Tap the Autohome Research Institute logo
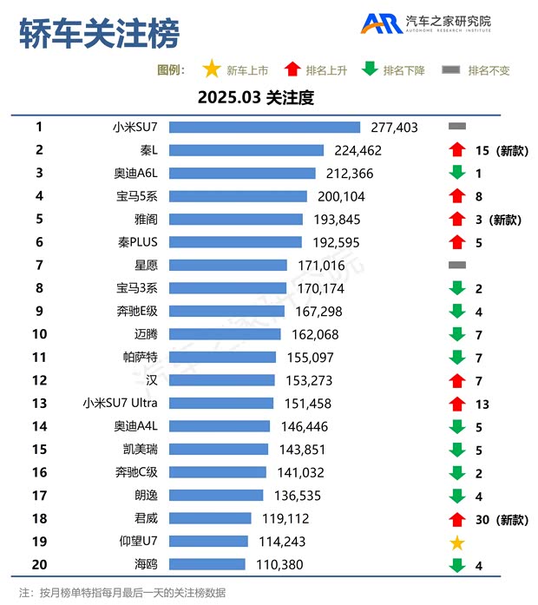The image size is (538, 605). coord(426,23)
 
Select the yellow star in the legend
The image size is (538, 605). coord(211,70)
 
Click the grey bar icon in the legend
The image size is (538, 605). coord(450,70)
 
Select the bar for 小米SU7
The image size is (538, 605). coord(264,128)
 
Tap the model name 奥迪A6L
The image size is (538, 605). coord(136,173)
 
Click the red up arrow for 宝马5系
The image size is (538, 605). coord(457,196)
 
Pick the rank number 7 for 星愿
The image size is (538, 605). coord(39,265)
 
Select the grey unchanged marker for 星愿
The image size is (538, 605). coord(457,265)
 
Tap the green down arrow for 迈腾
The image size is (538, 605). coord(457,334)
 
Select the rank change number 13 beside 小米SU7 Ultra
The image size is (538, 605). coord(482,404)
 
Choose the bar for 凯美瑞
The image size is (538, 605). coord(219,449)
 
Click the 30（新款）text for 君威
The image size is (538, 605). coord(502,519)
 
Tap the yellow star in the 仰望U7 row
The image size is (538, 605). coord(457,543)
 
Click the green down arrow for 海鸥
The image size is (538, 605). coord(457,566)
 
